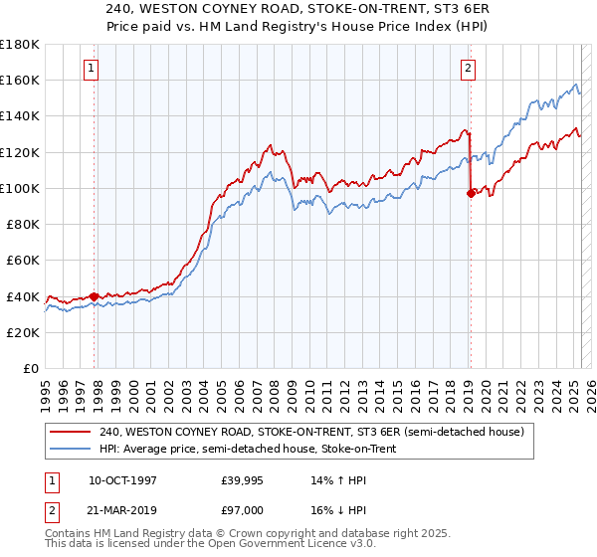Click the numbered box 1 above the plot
pyautogui.click(x=91, y=69)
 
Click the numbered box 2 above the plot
pyautogui.click(x=467, y=69)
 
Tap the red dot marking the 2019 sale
pyautogui.click(x=471, y=194)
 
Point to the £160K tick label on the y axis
pyautogui.click(x=20, y=80)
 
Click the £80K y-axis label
pyautogui.click(x=24, y=224)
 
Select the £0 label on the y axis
pyautogui.click(x=32, y=368)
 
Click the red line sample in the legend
pyautogui.click(x=71, y=432)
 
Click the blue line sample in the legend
pyautogui.click(x=71, y=449)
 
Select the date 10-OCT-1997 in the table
pyautogui.click(x=122, y=480)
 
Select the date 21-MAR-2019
pyautogui.click(x=122, y=508)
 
